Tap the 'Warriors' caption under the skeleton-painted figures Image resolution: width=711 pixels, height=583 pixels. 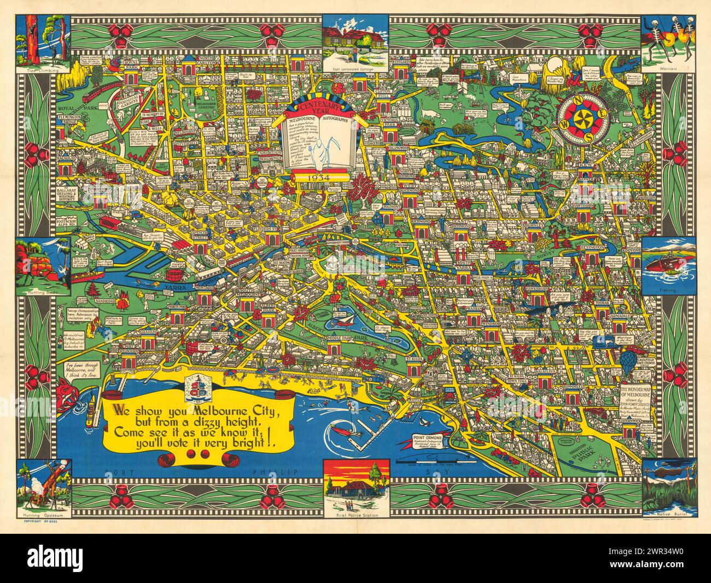pos(668,69)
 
